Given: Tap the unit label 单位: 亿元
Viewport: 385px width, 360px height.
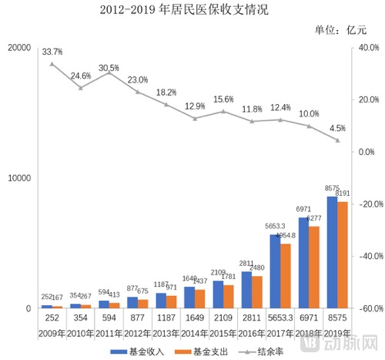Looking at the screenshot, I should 341,30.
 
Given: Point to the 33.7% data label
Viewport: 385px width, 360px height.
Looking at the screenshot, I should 52,52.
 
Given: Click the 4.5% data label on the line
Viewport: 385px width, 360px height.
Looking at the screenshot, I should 336,129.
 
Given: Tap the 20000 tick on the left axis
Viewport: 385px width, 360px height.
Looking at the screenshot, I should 18,48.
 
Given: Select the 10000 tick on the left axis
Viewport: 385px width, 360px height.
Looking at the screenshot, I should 18,178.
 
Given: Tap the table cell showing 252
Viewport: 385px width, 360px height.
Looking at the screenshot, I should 52,317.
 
